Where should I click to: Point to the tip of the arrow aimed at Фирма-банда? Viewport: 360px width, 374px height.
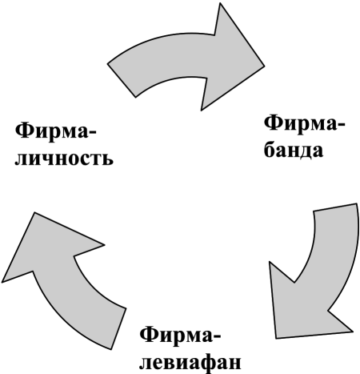click(264, 66)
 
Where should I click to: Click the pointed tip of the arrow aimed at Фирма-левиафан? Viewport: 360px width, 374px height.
click(275, 339)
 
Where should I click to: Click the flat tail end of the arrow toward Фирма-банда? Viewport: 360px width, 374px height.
click(122, 80)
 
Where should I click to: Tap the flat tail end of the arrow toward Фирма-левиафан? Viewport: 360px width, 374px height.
click(335, 207)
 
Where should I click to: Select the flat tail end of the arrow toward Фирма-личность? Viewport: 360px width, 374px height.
click(118, 329)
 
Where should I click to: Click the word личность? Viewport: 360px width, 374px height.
click(64, 159)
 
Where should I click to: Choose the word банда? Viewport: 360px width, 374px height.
click(294, 151)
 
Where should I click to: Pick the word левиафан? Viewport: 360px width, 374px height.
click(190, 363)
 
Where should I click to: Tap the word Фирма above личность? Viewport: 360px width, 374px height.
click(51, 131)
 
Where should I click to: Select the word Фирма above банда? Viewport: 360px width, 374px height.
click(301, 123)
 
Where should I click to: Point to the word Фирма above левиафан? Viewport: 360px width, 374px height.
click(176, 335)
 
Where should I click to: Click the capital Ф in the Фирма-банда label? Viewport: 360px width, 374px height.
click(273, 123)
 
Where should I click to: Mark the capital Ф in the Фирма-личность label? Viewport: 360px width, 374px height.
click(23, 130)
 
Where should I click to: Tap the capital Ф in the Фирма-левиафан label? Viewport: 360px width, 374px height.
click(148, 334)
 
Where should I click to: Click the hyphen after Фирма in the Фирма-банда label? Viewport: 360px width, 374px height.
click(342, 125)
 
